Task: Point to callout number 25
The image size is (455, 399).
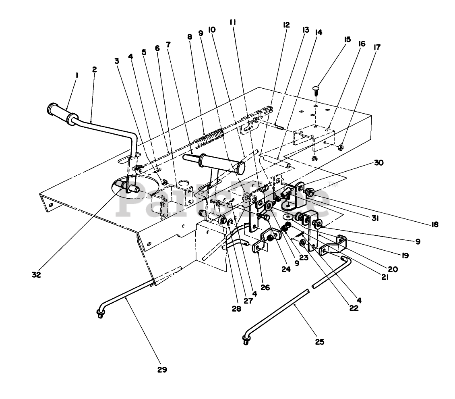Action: pos(319,342)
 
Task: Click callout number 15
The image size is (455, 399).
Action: pos(347,39)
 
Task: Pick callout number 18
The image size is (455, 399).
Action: pos(434,225)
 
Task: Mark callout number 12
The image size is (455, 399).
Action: pos(286,25)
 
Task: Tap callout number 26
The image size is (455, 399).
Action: pos(265,288)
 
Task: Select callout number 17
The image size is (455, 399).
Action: pos(377,47)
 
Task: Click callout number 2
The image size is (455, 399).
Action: pos(94,69)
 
